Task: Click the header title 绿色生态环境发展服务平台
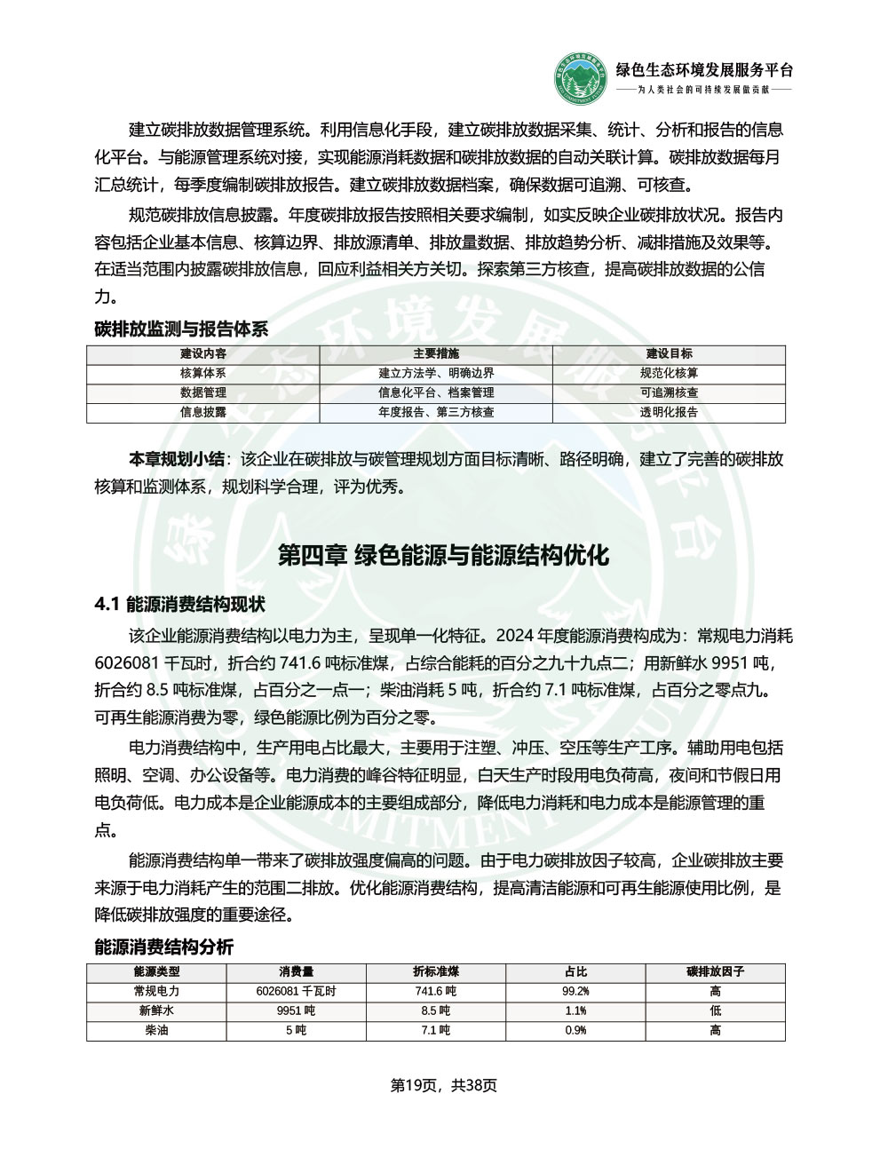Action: coord(704,70)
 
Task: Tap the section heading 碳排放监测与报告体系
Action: coord(181,329)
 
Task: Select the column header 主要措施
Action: coord(436,353)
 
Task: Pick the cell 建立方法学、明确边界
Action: coord(436,373)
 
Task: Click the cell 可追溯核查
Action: coord(669,392)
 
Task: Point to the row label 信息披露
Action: coord(202,412)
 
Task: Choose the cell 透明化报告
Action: coord(669,412)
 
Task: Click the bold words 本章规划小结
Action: coord(177,459)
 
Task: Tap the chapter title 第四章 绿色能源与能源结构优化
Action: coord(443,556)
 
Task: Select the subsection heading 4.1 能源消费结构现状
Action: coord(180,606)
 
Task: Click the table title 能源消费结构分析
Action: coord(164,947)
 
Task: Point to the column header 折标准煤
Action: coord(436,971)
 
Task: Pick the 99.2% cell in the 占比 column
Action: coord(575,991)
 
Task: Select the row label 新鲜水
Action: coord(156,1010)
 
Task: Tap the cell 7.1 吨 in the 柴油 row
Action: coord(436,1030)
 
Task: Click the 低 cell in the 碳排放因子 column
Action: coord(715,1010)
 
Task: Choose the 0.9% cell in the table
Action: coord(575,1030)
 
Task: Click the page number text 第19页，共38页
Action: coord(443,1084)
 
